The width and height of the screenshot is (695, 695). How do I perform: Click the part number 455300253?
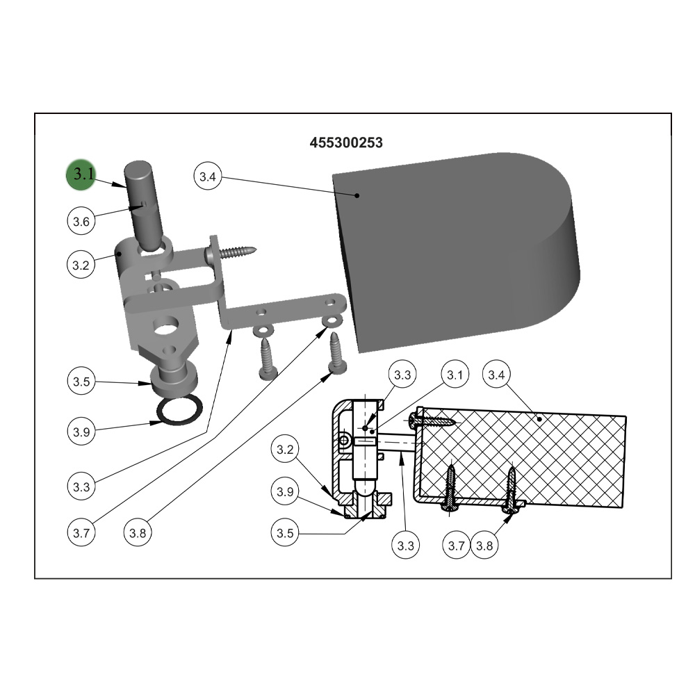(345, 142)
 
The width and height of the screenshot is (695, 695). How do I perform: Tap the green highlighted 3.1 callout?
(81, 174)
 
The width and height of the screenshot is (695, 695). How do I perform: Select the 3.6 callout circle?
(81, 221)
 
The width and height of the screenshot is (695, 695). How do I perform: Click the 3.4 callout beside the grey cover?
(207, 177)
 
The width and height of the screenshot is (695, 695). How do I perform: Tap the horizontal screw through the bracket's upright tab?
(231, 253)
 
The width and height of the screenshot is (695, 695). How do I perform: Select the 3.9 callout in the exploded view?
(81, 432)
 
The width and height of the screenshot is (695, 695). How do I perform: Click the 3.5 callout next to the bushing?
(81, 381)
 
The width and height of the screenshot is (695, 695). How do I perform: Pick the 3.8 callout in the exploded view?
(138, 533)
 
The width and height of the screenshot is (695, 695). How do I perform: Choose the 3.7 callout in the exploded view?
(81, 533)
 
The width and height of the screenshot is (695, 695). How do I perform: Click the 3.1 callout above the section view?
(455, 375)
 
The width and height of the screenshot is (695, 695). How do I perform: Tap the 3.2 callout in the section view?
(284, 449)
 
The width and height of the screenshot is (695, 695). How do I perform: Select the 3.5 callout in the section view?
(284, 532)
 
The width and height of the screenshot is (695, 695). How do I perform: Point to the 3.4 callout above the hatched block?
(496, 375)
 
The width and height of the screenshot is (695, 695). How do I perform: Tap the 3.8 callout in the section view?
(484, 545)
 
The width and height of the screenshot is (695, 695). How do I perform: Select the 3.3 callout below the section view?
(406, 545)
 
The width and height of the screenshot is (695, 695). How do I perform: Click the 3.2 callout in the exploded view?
(81, 265)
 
